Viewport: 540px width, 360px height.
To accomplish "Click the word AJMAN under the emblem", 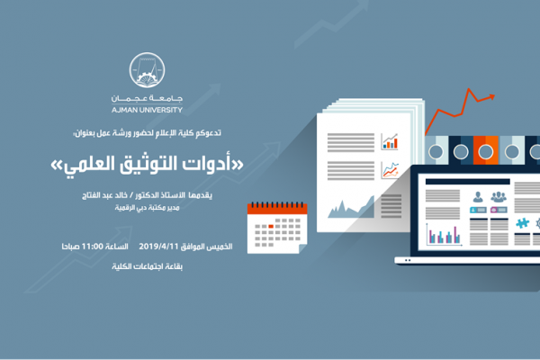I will tap(121, 110).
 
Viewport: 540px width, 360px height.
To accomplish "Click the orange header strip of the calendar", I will tap(277, 208).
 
